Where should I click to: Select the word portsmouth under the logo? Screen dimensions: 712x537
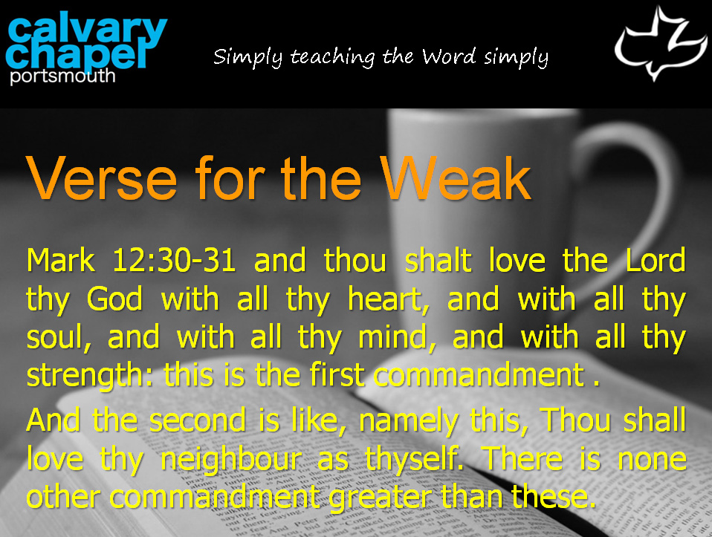pyautogui.click(x=62, y=76)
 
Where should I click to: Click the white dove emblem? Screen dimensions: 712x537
pyautogui.click(x=661, y=44)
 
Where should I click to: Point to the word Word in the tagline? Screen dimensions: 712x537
pyautogui.click(x=449, y=56)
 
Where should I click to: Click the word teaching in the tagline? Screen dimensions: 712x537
pyautogui.click(x=332, y=58)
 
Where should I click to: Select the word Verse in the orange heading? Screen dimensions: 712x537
pyautogui.click(x=102, y=178)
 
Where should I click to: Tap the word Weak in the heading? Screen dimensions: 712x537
pyautogui.click(x=456, y=178)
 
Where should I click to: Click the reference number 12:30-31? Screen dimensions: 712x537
pyautogui.click(x=174, y=260)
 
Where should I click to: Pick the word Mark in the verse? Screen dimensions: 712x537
pyautogui.click(x=61, y=260)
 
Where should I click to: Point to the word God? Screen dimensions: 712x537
pyautogui.click(x=114, y=299)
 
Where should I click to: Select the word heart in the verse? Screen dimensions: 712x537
pyautogui.click(x=388, y=299)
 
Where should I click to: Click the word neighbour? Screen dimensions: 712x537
pyautogui.click(x=232, y=459)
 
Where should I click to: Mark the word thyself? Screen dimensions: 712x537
pyautogui.click(x=415, y=459)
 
